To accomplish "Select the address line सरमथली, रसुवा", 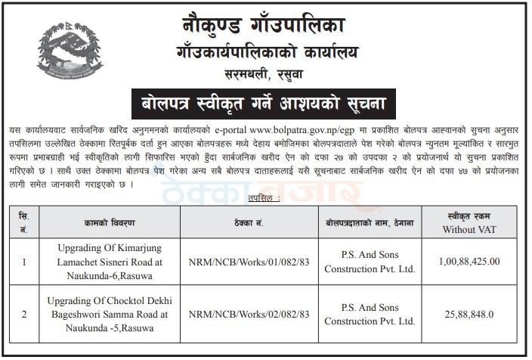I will click(266, 73).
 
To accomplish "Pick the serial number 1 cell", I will click(23, 262).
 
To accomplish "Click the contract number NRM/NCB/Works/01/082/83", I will click(249, 262).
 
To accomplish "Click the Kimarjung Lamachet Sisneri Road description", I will click(110, 262).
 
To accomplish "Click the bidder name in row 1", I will click(370, 262).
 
